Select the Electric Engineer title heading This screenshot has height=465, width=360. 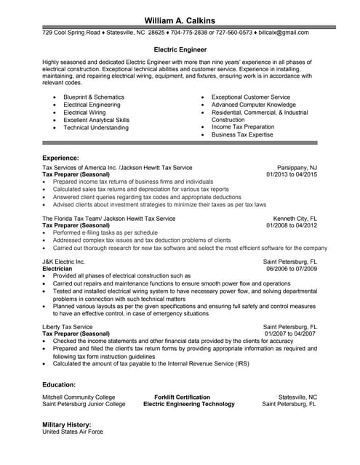pyautogui.click(x=180, y=50)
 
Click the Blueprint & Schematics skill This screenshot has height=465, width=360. pyautogui.click(x=94, y=97)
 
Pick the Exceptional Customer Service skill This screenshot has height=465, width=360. pyautogui.click(x=250, y=97)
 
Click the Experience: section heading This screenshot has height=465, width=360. pyautogui.click(x=60, y=158)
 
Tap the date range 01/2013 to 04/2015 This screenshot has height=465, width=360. pyautogui.click(x=292, y=174)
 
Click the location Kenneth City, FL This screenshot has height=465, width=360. pyautogui.click(x=295, y=218)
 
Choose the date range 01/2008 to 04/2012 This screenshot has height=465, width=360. pyautogui.click(x=292, y=225)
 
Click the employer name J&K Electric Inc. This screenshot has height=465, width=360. pyautogui.click(x=64, y=261)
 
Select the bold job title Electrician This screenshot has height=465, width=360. pyautogui.click(x=57, y=268)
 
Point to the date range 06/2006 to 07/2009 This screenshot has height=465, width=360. pyautogui.click(x=292, y=268)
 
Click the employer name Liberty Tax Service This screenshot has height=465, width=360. pyautogui.click(x=68, y=327)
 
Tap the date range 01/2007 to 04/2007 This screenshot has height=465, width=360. pyautogui.click(x=292, y=334)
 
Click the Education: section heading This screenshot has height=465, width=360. pyautogui.click(x=59, y=384)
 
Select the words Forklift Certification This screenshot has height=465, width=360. pyautogui.click(x=183, y=397)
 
